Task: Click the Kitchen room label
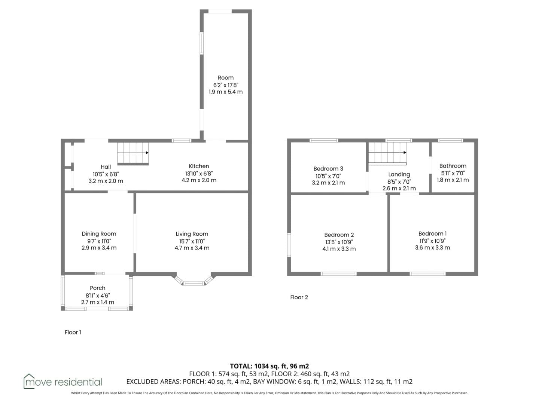(x=199, y=166)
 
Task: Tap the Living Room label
(x=192, y=234)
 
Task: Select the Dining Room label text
(x=99, y=234)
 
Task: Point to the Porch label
(x=97, y=288)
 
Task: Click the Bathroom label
(x=453, y=166)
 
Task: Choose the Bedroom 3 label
(x=328, y=169)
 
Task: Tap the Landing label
(x=399, y=175)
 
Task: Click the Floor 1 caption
(x=73, y=333)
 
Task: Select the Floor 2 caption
(x=299, y=297)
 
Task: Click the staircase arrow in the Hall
(x=133, y=153)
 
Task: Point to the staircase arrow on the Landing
(x=387, y=153)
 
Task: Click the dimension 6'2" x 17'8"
(x=226, y=85)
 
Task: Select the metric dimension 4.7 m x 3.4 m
(x=192, y=248)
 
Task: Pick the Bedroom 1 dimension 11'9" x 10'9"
(x=432, y=241)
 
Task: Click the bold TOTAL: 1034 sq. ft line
(x=269, y=366)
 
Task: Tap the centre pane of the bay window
(x=194, y=284)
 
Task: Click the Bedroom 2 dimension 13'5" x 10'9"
(x=339, y=242)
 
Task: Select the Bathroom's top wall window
(x=451, y=141)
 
